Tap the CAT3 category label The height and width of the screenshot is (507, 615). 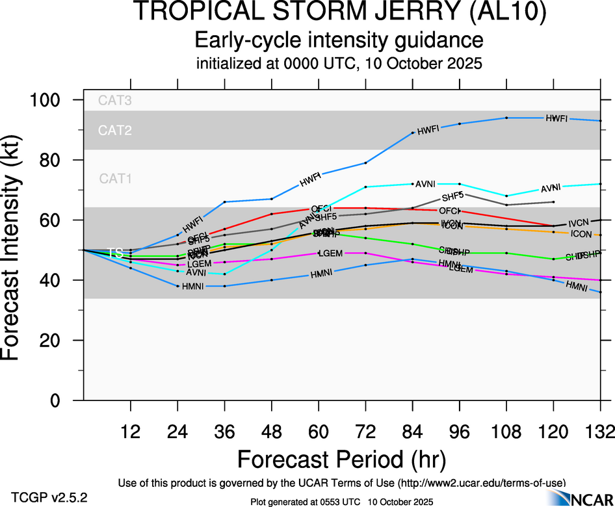click(x=115, y=100)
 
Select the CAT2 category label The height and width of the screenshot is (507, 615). click(x=115, y=130)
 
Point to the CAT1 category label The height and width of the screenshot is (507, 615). click(x=115, y=178)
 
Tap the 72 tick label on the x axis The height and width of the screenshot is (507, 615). click(x=366, y=430)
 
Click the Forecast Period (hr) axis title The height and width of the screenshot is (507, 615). click(x=341, y=459)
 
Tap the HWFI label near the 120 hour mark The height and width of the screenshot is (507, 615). click(x=556, y=118)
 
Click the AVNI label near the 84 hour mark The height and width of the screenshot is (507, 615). click(x=425, y=184)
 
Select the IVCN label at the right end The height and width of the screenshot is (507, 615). click(x=579, y=223)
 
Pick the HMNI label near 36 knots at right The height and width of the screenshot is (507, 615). click(x=577, y=285)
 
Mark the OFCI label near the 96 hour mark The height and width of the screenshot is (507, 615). click(x=449, y=211)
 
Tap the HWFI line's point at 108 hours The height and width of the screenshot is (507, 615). click(x=506, y=118)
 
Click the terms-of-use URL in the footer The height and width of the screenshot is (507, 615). click(x=482, y=482)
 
